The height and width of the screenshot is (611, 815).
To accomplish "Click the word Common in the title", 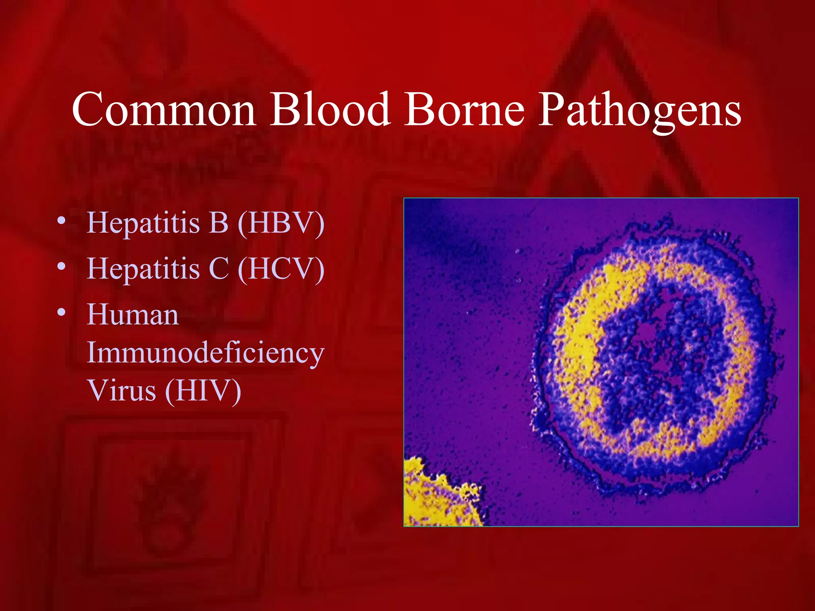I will click(x=164, y=109).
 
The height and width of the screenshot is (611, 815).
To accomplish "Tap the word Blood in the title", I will click(x=330, y=109).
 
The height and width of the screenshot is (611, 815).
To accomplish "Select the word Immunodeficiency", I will click(x=205, y=353).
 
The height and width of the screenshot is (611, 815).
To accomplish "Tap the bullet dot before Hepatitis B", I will click(x=61, y=221).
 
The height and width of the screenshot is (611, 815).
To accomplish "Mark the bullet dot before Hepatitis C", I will click(x=61, y=267).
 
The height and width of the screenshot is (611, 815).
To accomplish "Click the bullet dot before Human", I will click(x=61, y=313).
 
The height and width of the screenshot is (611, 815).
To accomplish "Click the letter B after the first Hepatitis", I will click(x=218, y=223).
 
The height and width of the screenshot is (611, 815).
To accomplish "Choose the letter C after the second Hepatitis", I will click(x=218, y=269).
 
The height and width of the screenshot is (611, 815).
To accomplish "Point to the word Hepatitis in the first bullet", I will click(x=143, y=224).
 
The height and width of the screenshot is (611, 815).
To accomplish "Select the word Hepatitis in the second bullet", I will click(x=143, y=269).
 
